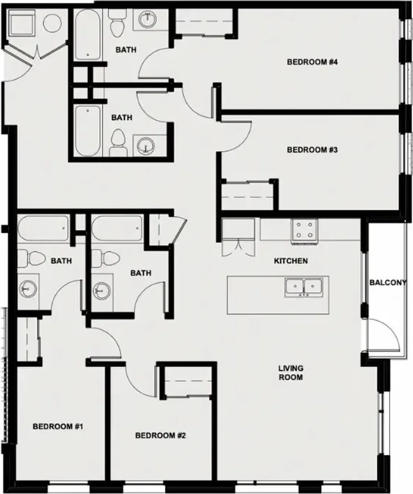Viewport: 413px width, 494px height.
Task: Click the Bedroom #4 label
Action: pyautogui.click(x=312, y=62)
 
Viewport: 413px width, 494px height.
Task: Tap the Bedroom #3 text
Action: pyautogui.click(x=312, y=150)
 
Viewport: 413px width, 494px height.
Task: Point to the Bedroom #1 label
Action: pyautogui.click(x=58, y=427)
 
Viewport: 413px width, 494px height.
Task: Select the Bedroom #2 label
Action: pyautogui.click(x=161, y=435)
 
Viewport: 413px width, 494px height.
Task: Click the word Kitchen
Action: pyautogui.click(x=291, y=261)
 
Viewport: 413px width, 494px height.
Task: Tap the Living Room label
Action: pyautogui.click(x=290, y=372)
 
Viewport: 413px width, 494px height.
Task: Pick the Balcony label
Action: pyautogui.click(x=387, y=283)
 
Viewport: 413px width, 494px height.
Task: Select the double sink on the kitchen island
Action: pyautogui.click(x=304, y=287)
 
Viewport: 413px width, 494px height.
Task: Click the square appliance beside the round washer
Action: pyautogui.click(x=22, y=22)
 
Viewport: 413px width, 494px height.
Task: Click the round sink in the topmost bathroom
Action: pyautogui.click(x=147, y=19)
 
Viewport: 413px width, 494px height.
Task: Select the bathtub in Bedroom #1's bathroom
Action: pyautogui.click(x=43, y=228)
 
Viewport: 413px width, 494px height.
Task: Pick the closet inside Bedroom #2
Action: pyautogui.click(x=188, y=381)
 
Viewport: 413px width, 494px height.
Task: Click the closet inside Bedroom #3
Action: pyautogui.click(x=247, y=195)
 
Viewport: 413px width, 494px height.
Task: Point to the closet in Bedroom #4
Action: pyautogui.click(x=204, y=21)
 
